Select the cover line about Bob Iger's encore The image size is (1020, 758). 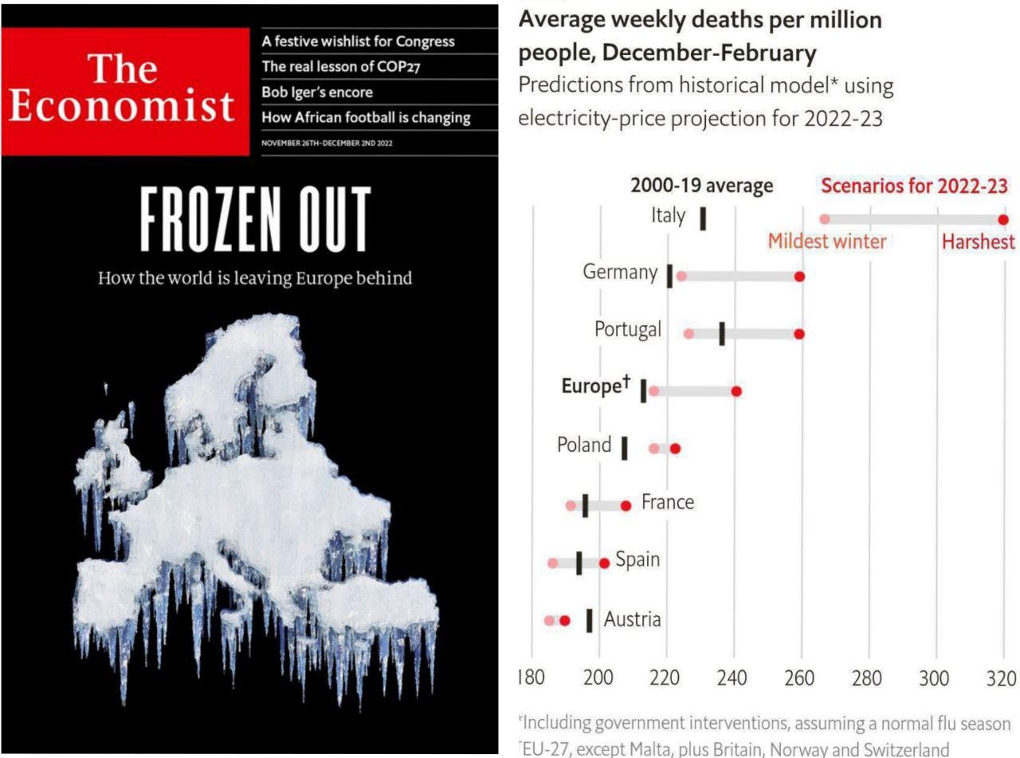317,92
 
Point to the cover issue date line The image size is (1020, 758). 327,143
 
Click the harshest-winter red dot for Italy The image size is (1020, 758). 1003,220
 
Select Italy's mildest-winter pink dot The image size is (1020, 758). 825,219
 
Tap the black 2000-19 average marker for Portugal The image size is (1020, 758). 722,334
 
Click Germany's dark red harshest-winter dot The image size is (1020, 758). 800,277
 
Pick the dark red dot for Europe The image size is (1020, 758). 736,391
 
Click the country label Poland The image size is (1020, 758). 584,445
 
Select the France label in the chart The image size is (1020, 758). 668,502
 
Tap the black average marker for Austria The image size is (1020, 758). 589,620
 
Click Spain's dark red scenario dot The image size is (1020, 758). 604,563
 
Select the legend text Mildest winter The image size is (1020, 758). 827,242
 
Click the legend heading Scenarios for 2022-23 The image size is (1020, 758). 915,187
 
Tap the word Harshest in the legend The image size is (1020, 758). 979,242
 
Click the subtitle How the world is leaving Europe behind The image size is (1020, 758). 255,278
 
